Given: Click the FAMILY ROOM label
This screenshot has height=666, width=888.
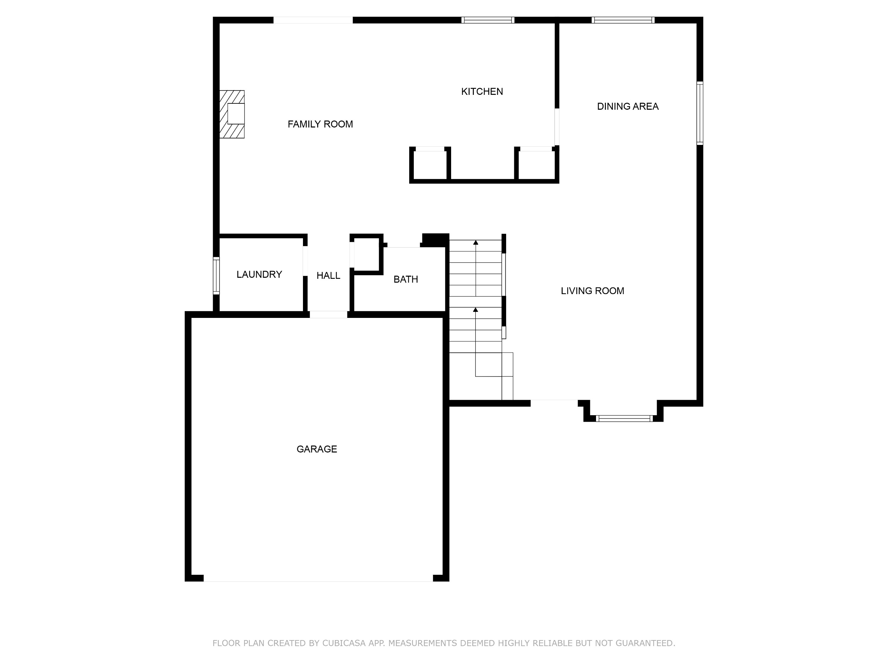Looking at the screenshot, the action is click(320, 124).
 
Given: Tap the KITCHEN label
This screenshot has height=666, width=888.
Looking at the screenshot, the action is click(482, 92).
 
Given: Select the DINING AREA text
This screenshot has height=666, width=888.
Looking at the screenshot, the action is click(628, 107).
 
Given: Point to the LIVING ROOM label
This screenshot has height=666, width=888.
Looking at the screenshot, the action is click(592, 291).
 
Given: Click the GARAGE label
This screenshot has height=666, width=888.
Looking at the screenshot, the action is click(317, 449).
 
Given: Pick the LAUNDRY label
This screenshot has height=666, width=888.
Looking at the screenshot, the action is click(259, 274).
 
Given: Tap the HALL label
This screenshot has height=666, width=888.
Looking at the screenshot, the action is click(329, 275).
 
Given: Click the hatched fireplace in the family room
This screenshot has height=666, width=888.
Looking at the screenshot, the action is click(232, 114).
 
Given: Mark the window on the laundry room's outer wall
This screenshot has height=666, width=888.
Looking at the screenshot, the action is click(216, 275).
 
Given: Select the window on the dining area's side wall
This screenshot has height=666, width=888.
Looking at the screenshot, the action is click(700, 113).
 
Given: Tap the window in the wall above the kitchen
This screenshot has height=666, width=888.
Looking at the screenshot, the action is click(488, 20).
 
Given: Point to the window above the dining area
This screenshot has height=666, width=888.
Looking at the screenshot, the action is click(623, 20).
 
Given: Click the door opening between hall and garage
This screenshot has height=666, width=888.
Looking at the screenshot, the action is click(329, 315).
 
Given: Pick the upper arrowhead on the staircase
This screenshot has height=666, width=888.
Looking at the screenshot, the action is click(476, 243).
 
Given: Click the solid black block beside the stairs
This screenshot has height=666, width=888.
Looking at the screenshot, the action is click(435, 240).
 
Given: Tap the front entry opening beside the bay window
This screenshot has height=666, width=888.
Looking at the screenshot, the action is click(554, 403).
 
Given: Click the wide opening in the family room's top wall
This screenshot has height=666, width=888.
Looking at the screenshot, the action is click(313, 20).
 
